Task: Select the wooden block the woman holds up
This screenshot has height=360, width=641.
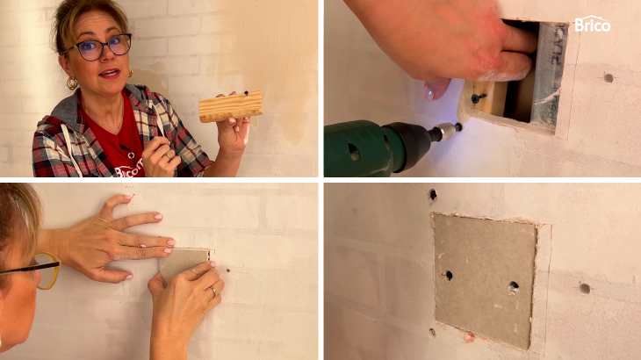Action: pyautogui.click(x=231, y=106)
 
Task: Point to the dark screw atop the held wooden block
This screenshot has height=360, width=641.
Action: pyautogui.click(x=246, y=93)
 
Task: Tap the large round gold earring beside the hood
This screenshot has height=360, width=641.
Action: pyautogui.click(x=72, y=83)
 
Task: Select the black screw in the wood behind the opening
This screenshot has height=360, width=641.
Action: pyautogui.click(x=478, y=97)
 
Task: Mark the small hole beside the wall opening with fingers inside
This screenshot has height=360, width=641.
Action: pyautogui.click(x=609, y=77)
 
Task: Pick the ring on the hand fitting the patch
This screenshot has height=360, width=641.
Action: pyautogui.click(x=213, y=292)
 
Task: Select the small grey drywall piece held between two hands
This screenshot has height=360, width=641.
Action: pyautogui.click(x=184, y=263)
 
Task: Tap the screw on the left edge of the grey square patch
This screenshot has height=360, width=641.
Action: pyautogui.click(x=448, y=275)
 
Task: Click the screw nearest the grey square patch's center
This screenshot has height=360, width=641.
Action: pyautogui.click(x=514, y=287)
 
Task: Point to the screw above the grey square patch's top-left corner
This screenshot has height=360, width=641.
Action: pyautogui.click(x=433, y=195)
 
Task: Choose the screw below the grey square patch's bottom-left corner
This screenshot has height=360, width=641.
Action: pyautogui.click(x=433, y=332)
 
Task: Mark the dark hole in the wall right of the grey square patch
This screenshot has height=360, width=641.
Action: pyautogui.click(x=585, y=288)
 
